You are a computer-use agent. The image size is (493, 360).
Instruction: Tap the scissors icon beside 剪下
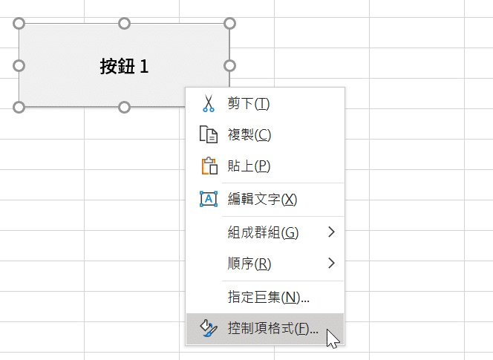pos(209,103)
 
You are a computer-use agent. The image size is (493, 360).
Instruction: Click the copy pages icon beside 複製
pos(209,134)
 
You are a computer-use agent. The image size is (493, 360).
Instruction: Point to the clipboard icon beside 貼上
pos(209,166)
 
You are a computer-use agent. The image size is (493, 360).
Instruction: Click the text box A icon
pos(209,199)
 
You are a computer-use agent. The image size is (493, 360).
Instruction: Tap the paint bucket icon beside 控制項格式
pos(209,328)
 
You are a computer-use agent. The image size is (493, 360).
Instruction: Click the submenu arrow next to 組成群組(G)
pos(331,232)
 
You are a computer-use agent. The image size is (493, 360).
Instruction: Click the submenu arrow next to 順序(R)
pos(331,263)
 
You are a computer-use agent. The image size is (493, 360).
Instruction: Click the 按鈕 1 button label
pos(124,66)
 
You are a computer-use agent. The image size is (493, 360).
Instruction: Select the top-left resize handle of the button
pos(19,24)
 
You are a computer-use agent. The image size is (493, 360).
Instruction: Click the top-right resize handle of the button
pos(229,24)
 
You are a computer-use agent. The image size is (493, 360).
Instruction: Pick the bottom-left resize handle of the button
pos(19,107)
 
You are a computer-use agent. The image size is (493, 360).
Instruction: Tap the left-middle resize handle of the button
pos(19,66)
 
